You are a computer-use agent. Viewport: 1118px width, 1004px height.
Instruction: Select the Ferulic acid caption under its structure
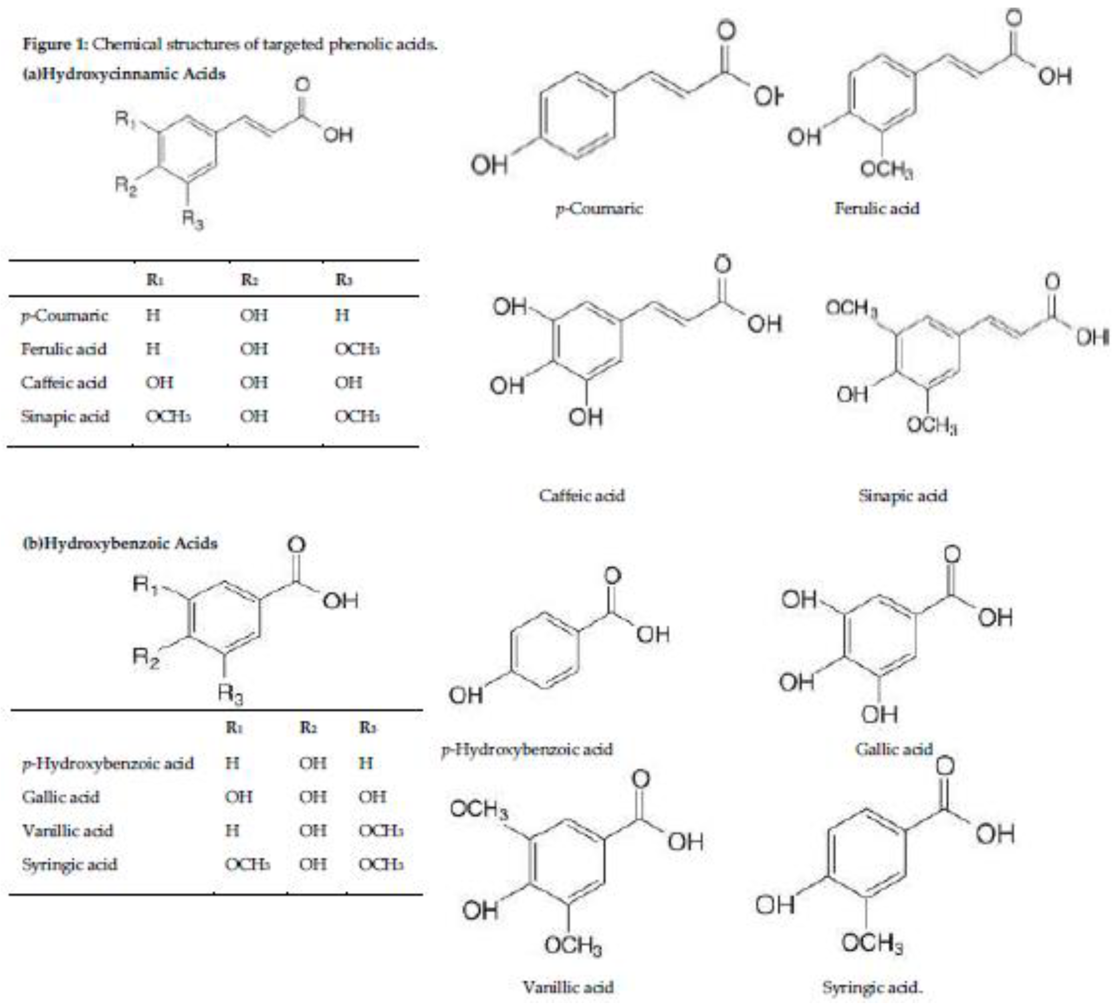pos(877,208)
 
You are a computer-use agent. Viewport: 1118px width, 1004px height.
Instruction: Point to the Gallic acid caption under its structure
pos(893,749)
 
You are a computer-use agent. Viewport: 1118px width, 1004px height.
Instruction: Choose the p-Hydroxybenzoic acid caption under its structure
pos(527,749)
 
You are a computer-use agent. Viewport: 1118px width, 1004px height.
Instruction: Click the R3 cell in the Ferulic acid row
pos(357,349)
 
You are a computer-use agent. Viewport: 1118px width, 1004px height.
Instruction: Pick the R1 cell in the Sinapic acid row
pos(168,417)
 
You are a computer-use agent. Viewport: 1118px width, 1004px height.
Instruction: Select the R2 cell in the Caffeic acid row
pos(254,383)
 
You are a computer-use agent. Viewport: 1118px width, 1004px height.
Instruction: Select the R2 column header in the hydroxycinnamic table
pos(249,280)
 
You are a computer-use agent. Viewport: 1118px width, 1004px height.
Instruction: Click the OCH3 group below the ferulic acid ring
pos(885,169)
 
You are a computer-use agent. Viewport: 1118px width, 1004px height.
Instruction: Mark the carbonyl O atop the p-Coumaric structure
pos(727,30)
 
